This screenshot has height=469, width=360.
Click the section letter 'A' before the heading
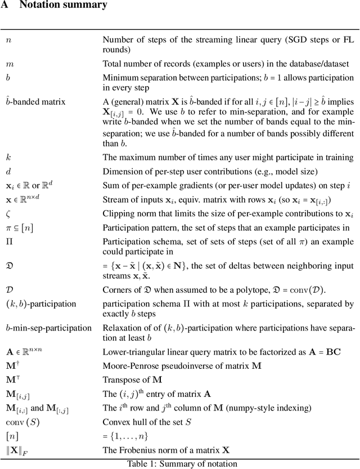pyautogui.click(x=6, y=6)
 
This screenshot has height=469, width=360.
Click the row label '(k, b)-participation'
pyautogui.click(x=40, y=304)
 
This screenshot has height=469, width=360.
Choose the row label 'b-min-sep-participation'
pyautogui.click(x=48, y=328)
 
